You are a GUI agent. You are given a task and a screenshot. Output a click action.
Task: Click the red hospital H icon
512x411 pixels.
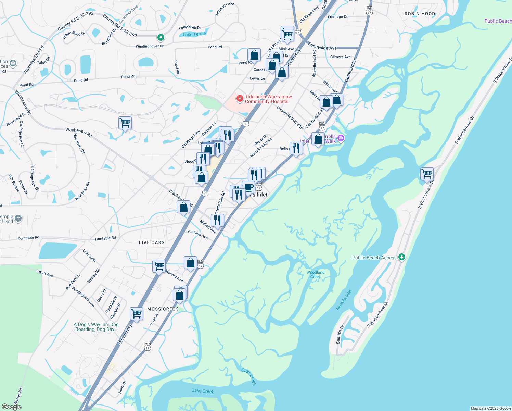point(240,99)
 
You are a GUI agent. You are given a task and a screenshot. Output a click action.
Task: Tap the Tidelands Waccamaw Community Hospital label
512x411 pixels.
point(268,99)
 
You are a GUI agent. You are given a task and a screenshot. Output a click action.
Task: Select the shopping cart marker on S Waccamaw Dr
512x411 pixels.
point(427,174)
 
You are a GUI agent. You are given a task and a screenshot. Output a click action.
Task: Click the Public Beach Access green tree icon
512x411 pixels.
point(402,257)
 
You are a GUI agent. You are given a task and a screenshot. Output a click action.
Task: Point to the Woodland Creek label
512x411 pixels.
point(316,274)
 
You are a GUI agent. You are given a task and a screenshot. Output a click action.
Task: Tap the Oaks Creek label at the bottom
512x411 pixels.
point(203,391)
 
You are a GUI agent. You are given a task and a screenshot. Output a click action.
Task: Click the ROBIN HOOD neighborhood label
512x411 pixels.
point(420,14)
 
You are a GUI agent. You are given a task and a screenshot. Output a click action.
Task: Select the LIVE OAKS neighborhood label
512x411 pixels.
point(152,242)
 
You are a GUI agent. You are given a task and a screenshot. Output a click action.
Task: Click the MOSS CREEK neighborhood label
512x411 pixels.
point(163,309)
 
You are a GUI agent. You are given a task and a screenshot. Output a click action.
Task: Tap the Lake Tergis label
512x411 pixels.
point(194,34)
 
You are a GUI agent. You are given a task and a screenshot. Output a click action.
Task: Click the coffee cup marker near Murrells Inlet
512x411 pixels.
point(248,187)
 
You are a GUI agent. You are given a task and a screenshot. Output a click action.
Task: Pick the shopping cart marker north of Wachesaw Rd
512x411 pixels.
point(125,123)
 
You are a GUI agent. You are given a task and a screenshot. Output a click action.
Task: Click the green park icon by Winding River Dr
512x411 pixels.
point(161,37)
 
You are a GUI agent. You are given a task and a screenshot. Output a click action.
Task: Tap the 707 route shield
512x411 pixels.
point(299,32)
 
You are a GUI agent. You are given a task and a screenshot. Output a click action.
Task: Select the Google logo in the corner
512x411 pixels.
point(12,407)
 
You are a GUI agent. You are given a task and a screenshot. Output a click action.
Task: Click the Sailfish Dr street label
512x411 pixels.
point(340,335)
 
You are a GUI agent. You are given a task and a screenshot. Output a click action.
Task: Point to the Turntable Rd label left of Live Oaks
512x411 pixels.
point(105,238)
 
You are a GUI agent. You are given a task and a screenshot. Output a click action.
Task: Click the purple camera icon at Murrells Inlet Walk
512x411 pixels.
point(341,138)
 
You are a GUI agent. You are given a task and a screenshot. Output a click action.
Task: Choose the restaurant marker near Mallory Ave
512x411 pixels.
point(217,220)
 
